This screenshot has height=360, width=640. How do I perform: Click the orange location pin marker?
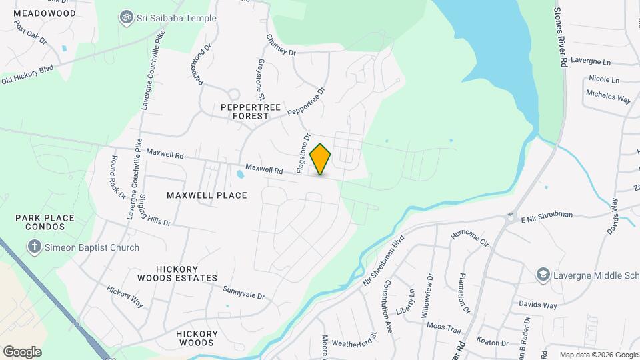click(321, 159)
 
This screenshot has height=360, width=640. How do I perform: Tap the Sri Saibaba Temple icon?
click(126, 18)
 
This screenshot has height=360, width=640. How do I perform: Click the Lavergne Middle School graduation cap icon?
click(543, 274)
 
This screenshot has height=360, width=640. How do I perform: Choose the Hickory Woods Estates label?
click(177, 273)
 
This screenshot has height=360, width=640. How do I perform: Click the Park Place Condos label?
click(41, 222)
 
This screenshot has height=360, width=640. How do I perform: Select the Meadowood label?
click(45, 13)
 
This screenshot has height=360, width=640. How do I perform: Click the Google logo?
click(22, 351)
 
